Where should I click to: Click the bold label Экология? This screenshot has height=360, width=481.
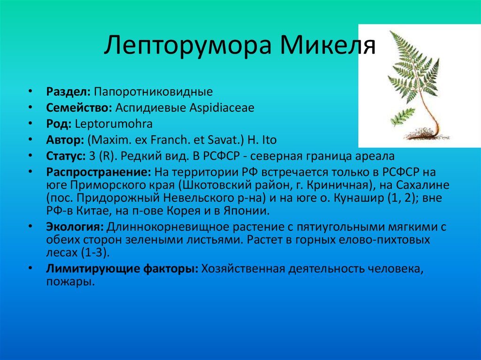[x=75, y=228]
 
